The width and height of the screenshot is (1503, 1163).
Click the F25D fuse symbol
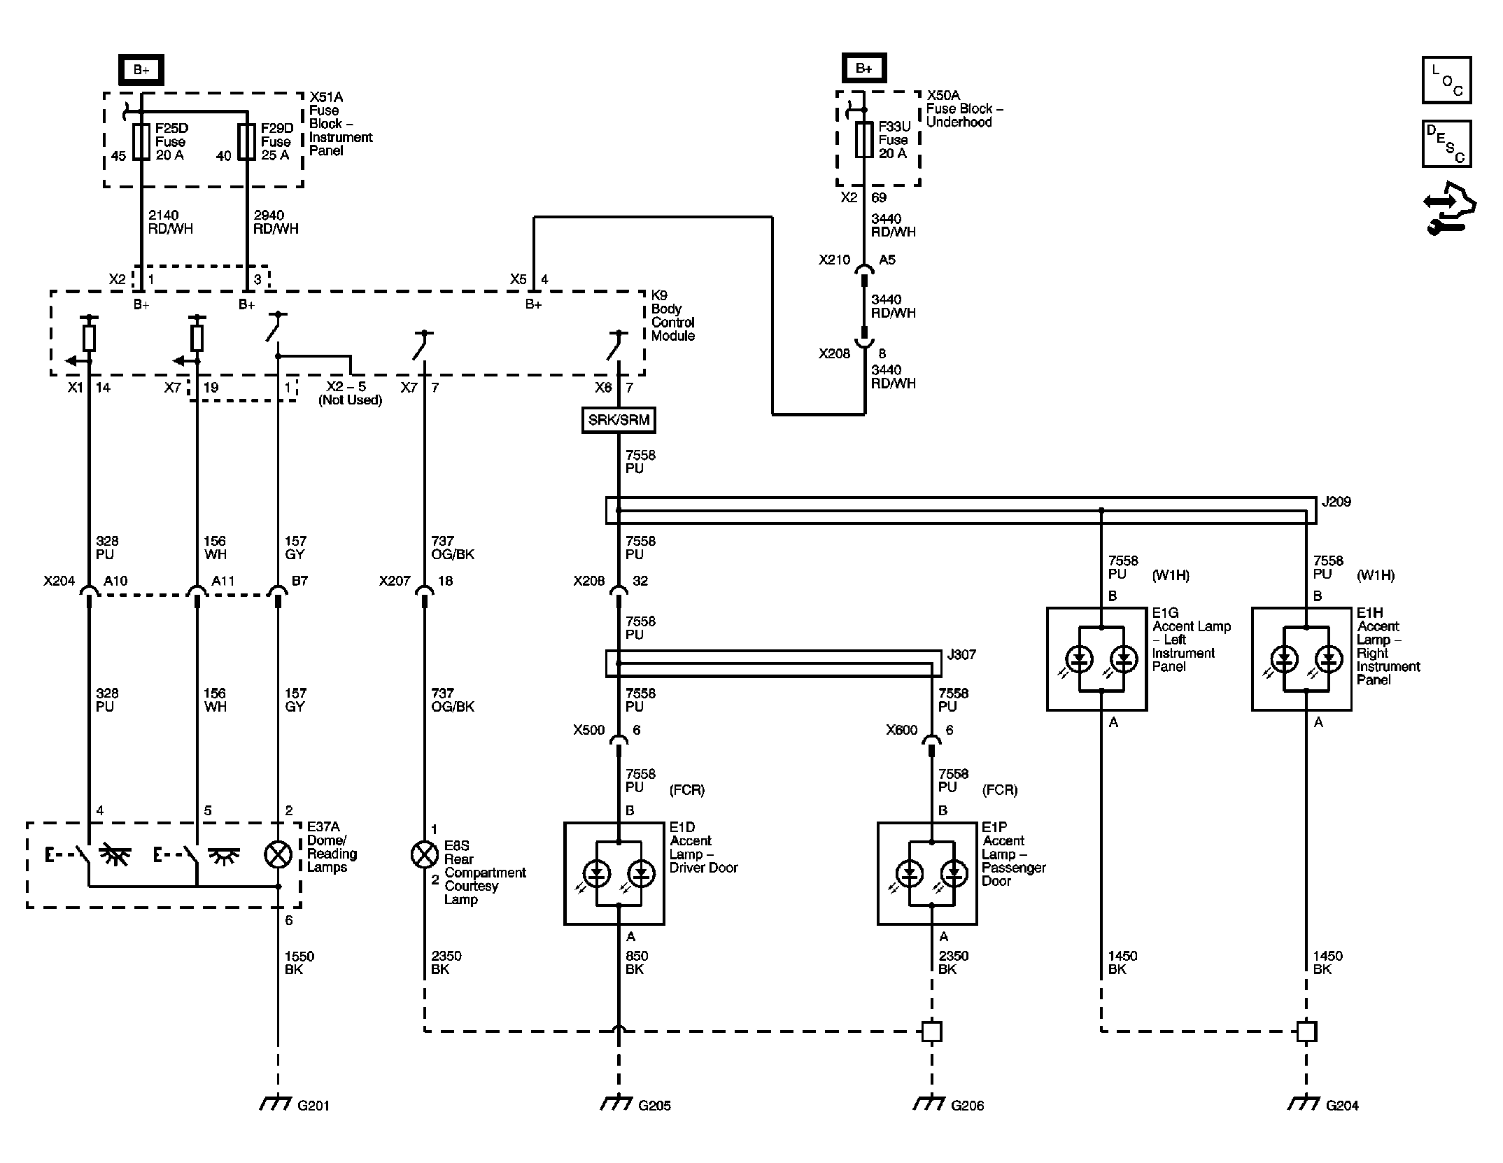pos(141,142)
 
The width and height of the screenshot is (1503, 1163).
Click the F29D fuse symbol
pos(247,142)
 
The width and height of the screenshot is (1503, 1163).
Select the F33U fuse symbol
pos(865,140)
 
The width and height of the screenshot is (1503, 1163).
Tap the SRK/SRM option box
pos(619,420)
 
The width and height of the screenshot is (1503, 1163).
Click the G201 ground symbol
pos(274,1104)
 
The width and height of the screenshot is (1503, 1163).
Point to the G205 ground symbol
pos(616,1104)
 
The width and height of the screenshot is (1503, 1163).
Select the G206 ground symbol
pos(929,1104)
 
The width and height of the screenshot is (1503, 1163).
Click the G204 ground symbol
pos(1303,1104)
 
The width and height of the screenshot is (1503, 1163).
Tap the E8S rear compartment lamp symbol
pos(424,854)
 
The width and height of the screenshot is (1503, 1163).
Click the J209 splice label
pos(1336,502)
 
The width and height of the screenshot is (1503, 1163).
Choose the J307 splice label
pos(961,655)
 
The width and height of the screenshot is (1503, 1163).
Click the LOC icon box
pos(1446,80)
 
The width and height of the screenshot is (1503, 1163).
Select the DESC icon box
pos(1446,144)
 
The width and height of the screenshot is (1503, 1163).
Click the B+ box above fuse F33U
pos(864,69)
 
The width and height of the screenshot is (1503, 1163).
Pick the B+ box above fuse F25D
pos(141,70)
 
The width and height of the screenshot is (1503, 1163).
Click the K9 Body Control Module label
pos(673,316)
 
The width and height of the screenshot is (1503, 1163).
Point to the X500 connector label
pos(588,731)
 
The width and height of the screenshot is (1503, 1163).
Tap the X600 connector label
pos(901,731)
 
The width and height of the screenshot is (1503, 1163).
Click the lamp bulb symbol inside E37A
pos(278,854)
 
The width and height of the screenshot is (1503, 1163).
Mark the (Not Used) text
pos(351,400)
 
